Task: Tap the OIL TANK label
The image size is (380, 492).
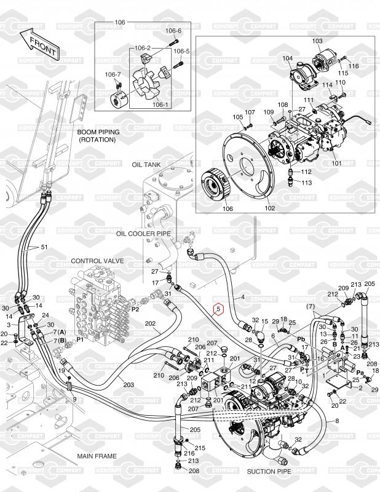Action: (x=145, y=165)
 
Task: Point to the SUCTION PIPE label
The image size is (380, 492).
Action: (x=268, y=472)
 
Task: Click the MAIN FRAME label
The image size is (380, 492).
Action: (x=97, y=456)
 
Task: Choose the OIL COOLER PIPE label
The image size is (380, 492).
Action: (x=146, y=234)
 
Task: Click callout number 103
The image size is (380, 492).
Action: (x=317, y=41)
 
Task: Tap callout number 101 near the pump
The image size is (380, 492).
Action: (x=336, y=164)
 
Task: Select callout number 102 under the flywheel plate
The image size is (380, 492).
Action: (x=270, y=208)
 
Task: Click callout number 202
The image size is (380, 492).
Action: (x=149, y=322)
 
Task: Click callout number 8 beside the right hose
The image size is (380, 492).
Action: (x=336, y=421)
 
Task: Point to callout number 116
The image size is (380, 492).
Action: (x=354, y=65)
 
